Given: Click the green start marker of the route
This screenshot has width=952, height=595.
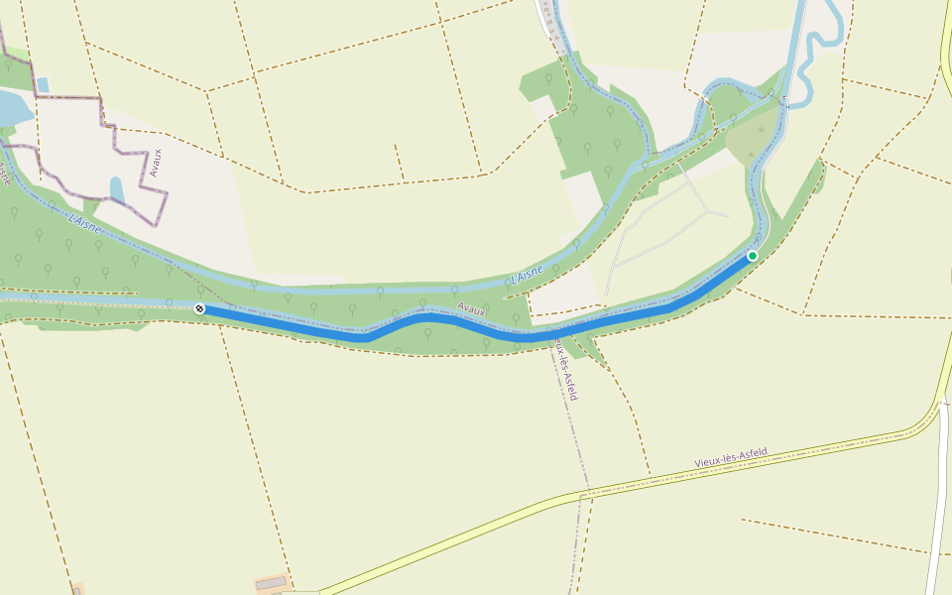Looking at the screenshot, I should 752,256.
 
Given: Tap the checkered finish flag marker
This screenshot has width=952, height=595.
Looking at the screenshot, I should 199,308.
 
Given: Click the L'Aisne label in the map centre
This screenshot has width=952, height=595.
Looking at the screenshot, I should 527,275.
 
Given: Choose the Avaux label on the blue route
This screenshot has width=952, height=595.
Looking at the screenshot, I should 472,310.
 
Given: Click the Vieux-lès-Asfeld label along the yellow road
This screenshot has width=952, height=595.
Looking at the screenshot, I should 731,457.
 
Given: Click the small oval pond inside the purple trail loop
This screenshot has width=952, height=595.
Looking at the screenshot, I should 117,188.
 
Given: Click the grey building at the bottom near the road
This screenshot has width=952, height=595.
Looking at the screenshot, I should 270,584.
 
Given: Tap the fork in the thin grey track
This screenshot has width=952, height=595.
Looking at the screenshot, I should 706,211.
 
